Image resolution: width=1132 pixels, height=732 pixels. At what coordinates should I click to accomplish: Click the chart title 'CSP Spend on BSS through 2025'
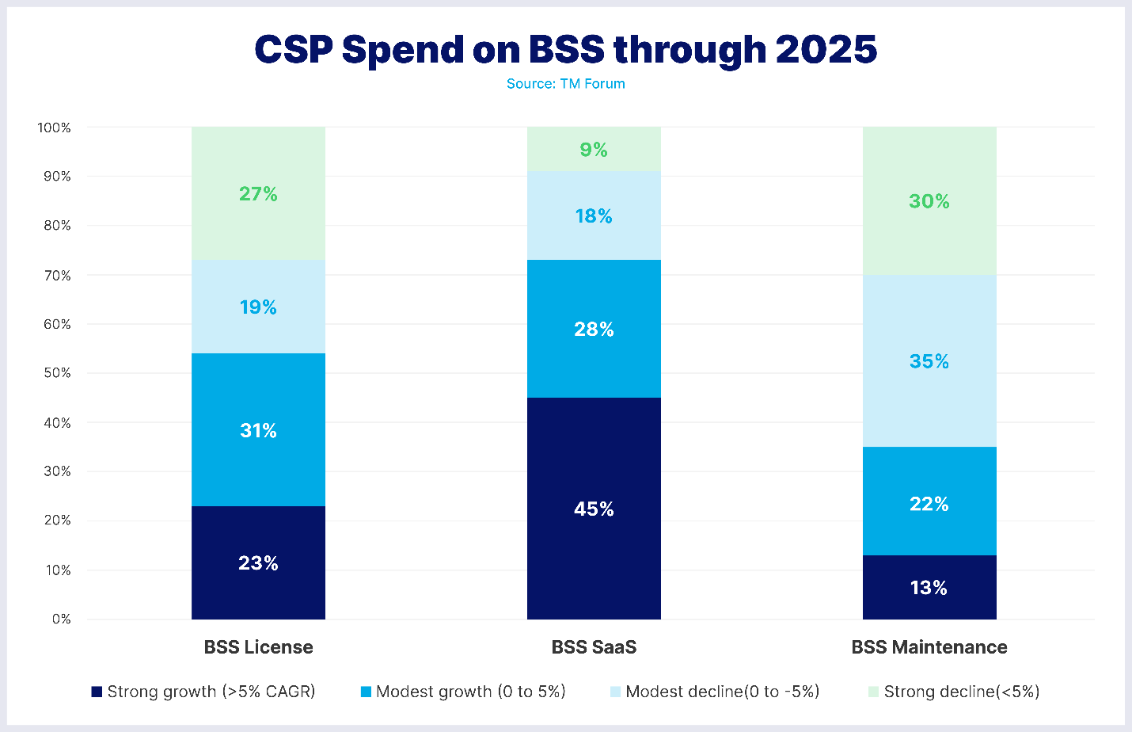[565, 49]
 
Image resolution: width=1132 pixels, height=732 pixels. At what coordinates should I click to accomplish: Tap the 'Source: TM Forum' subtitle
[565, 84]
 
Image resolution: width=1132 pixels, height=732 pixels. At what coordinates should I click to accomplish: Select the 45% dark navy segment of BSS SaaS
[594, 509]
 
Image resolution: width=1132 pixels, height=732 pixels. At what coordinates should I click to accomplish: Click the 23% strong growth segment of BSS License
[258, 562]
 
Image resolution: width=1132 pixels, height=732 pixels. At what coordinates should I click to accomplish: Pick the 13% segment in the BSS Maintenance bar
[929, 587]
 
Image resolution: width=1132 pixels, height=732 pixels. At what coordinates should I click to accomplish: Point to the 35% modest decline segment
[929, 361]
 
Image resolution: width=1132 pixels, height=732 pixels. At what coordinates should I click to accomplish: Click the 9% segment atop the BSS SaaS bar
[594, 150]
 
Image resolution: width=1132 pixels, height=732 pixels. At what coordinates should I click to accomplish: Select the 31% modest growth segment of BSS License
[258, 430]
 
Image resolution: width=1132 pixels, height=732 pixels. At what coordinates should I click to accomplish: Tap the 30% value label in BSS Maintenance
[929, 201]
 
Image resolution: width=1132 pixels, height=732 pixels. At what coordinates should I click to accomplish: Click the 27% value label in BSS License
[258, 194]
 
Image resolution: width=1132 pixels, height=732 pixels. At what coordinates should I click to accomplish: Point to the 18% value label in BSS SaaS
[594, 216]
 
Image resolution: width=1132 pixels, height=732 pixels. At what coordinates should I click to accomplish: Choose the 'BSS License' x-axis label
[258, 647]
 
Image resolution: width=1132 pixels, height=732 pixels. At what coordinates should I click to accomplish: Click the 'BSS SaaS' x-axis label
[594, 647]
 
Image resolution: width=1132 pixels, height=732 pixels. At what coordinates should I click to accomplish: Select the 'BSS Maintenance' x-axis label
[929, 647]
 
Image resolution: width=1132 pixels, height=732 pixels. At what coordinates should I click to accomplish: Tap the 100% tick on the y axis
[54, 128]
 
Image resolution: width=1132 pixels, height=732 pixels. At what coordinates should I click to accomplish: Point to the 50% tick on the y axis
[56, 373]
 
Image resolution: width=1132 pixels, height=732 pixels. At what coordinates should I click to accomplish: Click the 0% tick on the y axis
[61, 619]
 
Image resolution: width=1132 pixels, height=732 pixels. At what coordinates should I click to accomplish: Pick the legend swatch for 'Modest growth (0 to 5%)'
[366, 692]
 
